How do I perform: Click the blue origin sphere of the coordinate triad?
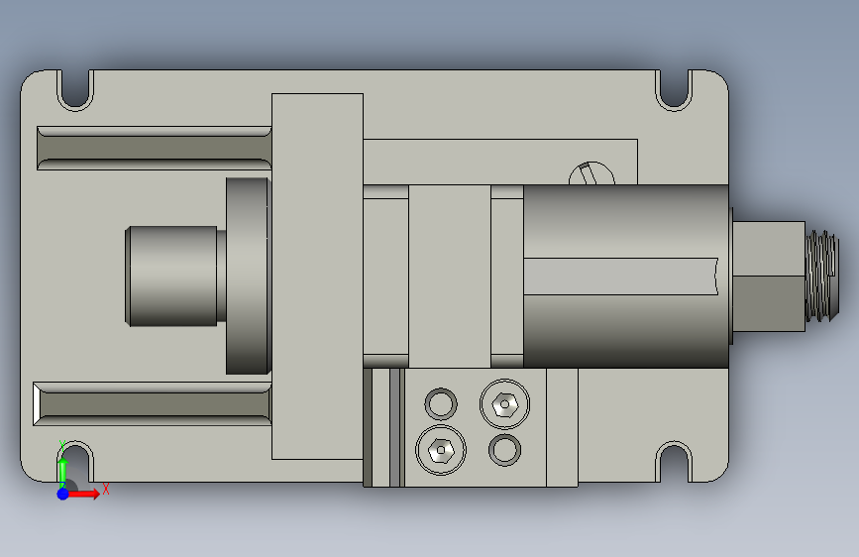pyautogui.click(x=63, y=494)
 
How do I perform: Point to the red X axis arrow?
pyautogui.click(x=83, y=494)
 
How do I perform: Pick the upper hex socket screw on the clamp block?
pyautogui.click(x=504, y=404)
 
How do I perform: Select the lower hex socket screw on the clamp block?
pyautogui.click(x=441, y=450)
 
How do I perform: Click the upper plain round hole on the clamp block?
pyautogui.click(x=441, y=404)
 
